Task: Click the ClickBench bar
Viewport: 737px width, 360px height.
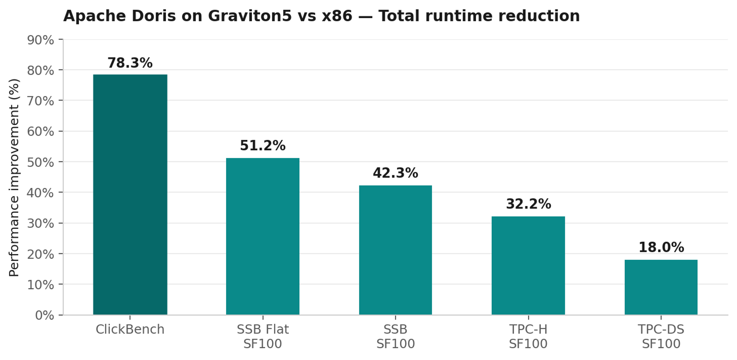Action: [x=130, y=194]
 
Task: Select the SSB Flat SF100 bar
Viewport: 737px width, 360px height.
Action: [x=263, y=236]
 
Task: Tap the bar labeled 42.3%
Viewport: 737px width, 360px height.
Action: [x=395, y=250]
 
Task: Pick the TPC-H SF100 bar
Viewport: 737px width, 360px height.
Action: [x=528, y=265]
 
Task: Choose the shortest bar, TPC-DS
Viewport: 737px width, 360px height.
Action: [x=661, y=287]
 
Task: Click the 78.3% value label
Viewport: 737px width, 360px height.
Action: [x=130, y=63]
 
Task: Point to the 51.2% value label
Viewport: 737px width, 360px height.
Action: [x=263, y=146]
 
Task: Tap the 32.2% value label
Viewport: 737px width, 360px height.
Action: [x=528, y=204]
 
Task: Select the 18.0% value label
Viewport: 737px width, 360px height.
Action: [x=661, y=247]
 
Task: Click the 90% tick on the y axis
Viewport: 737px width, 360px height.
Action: [x=41, y=40]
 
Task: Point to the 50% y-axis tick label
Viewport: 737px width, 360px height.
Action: [x=41, y=162]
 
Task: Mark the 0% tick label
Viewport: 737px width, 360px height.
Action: [x=44, y=315]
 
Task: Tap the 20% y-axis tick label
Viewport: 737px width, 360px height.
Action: [x=41, y=254]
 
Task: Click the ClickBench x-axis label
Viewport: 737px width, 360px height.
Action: [x=130, y=329]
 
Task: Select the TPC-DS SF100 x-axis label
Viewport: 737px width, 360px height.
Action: [x=661, y=336]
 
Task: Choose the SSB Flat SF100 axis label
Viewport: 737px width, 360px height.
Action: [x=263, y=336]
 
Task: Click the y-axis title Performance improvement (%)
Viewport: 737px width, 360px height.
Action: [x=14, y=177]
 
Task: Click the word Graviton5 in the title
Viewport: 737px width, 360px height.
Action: [x=250, y=16]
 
